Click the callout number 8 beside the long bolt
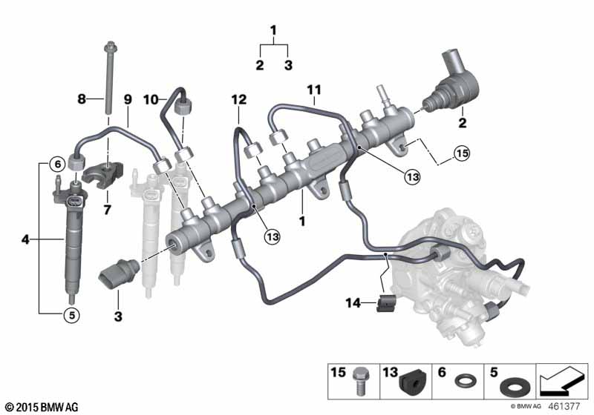[82, 99]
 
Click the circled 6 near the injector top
[56, 164]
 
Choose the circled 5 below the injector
[69, 315]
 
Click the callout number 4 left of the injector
[27, 239]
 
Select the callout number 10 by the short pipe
[151, 99]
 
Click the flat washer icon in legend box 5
[512, 388]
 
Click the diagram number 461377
[569, 406]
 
